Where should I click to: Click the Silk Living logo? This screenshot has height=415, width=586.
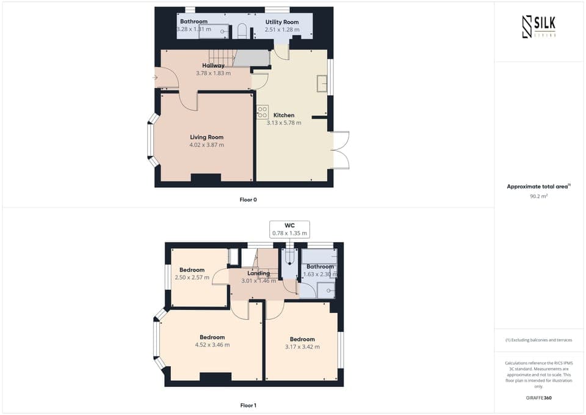[539, 27]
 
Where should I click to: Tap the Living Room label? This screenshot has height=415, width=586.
[206, 138]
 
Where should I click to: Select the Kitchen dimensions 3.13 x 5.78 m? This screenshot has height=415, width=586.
[284, 123]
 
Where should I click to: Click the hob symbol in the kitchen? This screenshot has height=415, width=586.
[262, 112]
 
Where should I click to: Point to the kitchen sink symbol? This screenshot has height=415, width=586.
[322, 83]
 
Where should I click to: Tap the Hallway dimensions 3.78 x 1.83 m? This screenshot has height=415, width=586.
[213, 73]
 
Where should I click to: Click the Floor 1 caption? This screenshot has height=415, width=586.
[248, 405]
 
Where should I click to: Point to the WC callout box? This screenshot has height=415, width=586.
[289, 229]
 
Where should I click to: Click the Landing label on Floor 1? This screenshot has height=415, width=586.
[258, 273]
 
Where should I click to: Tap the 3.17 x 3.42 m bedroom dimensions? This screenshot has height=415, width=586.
[302, 347]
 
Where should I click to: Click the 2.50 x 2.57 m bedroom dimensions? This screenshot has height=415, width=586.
[192, 277]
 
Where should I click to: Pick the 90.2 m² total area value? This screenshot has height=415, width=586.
[539, 197]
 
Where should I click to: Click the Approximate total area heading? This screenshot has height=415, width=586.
[538, 186]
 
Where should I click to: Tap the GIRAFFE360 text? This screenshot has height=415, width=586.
[539, 397]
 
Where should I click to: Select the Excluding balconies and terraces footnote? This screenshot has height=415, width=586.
[539, 340]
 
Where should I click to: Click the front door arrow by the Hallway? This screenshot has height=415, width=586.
[156, 78]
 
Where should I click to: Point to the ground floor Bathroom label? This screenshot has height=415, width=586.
[194, 21]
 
